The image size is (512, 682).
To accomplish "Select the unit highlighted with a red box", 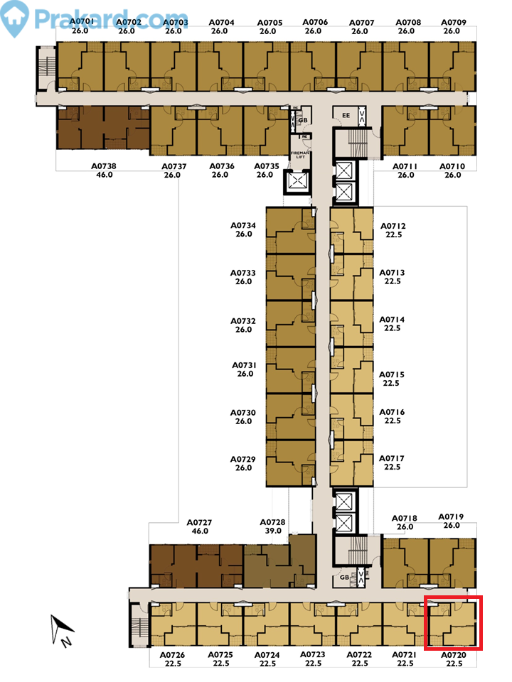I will tap(454, 623).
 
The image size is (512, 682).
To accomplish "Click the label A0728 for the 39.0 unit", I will tap(272, 522).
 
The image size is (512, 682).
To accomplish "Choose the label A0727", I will tap(200, 522).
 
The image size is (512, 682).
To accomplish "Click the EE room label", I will tap(346, 115).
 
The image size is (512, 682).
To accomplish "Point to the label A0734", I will tap(243, 225).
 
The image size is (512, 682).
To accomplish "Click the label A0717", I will tap(392, 459).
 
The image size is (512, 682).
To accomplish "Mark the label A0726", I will tap(172, 655).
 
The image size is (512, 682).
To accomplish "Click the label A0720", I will tap(454, 655).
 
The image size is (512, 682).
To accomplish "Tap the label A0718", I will tap(406, 519).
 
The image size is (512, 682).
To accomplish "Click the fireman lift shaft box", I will tap(296, 182).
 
